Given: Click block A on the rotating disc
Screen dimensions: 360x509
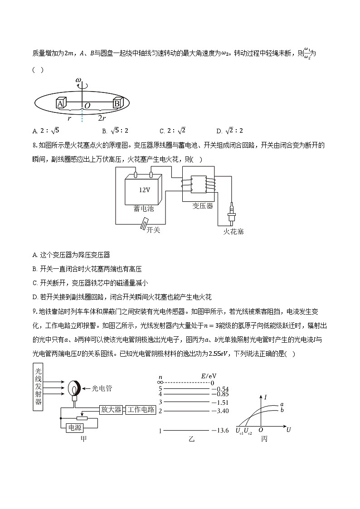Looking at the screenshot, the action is point(60,104).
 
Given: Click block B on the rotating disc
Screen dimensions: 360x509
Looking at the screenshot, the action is point(117,103).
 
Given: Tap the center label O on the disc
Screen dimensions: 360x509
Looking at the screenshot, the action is point(88,105).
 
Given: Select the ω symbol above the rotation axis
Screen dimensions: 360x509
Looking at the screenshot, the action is point(78,81).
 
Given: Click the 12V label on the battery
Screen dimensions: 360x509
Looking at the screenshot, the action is point(145,190).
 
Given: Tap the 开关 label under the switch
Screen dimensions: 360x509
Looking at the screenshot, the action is point(153,230).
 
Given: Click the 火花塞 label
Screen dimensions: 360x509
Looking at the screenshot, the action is point(234,232).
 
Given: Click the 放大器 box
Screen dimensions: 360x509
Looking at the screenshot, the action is point(111,409).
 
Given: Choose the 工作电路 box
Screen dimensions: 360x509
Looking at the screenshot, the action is point(141,409).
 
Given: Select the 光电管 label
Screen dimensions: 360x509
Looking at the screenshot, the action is point(102,388).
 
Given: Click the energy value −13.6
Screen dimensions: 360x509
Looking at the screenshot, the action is point(219,430).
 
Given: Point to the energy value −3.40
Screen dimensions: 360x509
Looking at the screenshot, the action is point(219,411).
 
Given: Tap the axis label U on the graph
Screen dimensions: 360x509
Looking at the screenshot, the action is point(288,429).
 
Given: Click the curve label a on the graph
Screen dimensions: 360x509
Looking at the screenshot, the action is point(282,404).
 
